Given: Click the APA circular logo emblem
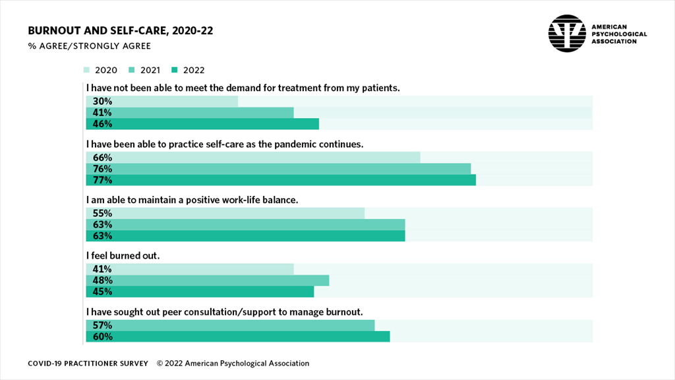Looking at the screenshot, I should tap(567, 33).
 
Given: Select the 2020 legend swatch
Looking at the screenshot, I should tap(87, 70).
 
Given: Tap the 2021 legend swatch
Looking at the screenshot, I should tap(131, 70).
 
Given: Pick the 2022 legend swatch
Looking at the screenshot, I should tap(175, 70).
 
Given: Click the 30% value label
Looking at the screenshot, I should tap(102, 102).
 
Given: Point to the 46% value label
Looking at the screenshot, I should tap(102, 124).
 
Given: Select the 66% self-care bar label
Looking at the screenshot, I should tap(102, 158).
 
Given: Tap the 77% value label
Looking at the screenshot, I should tap(102, 180).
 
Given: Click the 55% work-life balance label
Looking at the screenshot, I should tap(102, 214).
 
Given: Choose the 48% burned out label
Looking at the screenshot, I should tap(102, 280).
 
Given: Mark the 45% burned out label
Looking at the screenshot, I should tap(102, 292).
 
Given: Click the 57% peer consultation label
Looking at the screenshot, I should tap(102, 325).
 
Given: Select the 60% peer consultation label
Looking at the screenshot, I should tap(102, 336).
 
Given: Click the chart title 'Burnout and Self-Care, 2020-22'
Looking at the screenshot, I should tap(120, 31).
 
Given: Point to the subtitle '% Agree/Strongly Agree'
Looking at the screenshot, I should tap(89, 46).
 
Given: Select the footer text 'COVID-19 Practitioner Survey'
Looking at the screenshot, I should tap(88, 364).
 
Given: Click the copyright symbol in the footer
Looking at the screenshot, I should tap(160, 364).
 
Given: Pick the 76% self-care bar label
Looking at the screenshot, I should tap(102, 169).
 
